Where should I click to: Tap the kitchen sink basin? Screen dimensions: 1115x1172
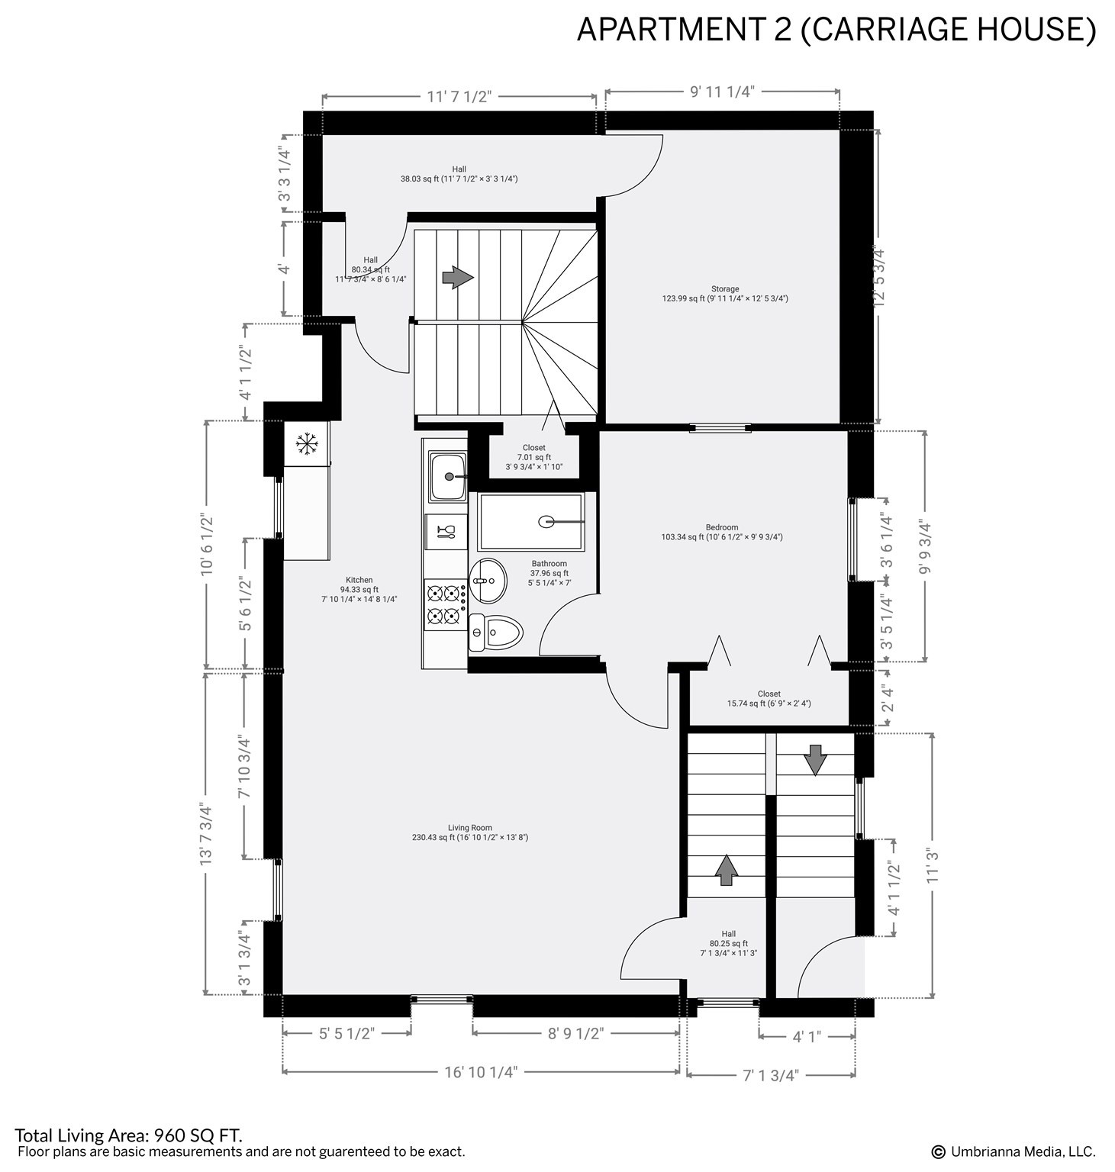click(x=448, y=477)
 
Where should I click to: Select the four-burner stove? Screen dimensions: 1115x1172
click(x=446, y=604)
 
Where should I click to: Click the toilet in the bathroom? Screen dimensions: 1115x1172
click(x=495, y=632)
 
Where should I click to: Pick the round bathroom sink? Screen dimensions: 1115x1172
click(x=487, y=580)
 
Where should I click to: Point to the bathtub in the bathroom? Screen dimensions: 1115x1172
click(x=530, y=522)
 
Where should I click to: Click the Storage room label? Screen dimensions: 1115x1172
click(x=725, y=294)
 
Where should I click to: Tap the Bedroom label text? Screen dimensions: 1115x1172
click(x=722, y=532)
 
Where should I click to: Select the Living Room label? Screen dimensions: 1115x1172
click(x=470, y=832)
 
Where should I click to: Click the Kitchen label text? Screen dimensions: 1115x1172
click(x=359, y=590)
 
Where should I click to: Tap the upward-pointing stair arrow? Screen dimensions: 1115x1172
click(x=726, y=870)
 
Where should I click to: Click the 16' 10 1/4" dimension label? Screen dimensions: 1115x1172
click(x=481, y=1072)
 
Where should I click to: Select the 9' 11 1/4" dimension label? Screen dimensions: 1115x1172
click(x=722, y=92)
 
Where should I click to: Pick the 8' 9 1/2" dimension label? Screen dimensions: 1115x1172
click(x=575, y=1034)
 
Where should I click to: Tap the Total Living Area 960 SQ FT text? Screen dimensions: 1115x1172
click(x=128, y=1135)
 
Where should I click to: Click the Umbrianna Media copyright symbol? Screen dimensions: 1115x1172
click(x=938, y=1151)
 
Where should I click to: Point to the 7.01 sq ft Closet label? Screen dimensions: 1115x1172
click(x=534, y=457)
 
